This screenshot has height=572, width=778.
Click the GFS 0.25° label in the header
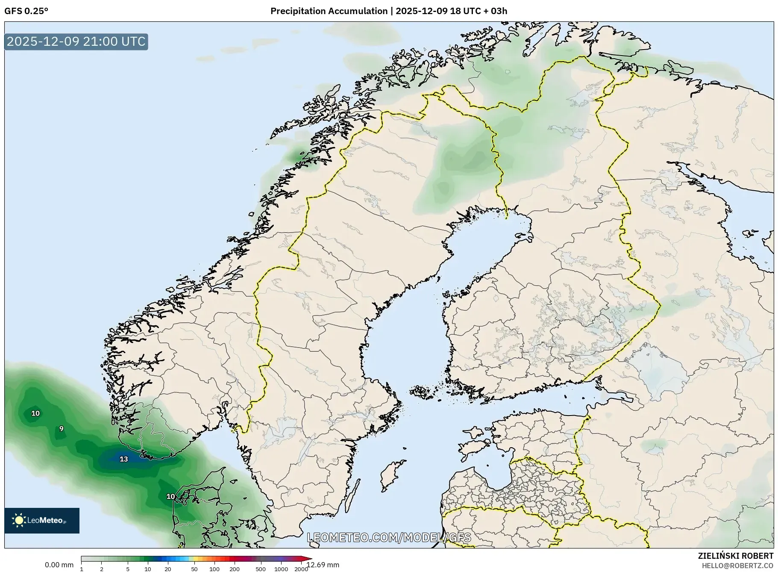coord(26,11)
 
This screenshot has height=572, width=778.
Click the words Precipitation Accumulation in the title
coord(329,11)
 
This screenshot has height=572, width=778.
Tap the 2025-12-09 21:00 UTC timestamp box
coord(76,42)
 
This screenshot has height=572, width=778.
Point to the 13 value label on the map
coord(123,459)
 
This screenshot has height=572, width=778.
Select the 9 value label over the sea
coord(62,429)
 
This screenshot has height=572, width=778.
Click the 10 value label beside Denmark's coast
coord(170,496)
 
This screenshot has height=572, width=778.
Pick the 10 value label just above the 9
coord(35,413)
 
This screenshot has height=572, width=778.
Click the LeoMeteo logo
coord(42,520)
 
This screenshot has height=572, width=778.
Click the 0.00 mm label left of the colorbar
coord(59,565)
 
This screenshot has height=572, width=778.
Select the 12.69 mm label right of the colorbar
coord(323,565)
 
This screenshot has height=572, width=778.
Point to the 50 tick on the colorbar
coord(194,569)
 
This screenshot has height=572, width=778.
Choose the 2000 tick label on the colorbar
coord(301,569)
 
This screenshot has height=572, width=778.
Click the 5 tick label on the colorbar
coord(128,569)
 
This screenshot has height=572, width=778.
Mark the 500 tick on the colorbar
coord(260,569)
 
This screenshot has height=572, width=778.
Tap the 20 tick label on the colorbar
coord(168,569)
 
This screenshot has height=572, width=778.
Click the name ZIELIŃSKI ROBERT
coord(735,556)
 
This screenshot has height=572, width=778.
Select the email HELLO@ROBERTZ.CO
coord(737,566)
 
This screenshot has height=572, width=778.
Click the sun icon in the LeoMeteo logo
coord(19,520)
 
